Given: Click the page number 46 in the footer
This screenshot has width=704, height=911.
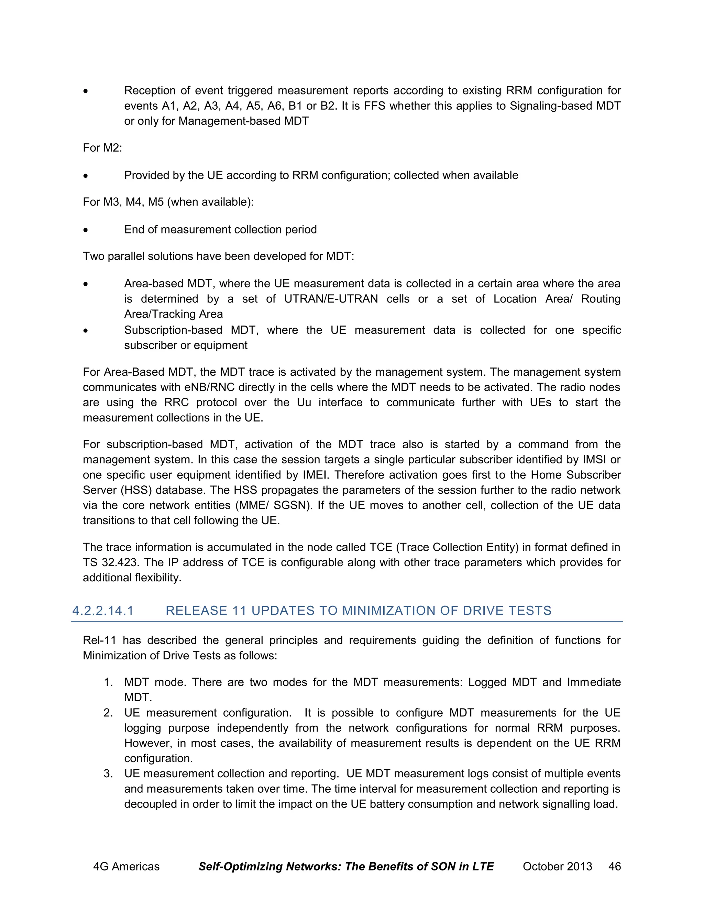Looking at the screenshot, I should [614, 866].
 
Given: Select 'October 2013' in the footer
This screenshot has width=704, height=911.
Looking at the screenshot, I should [557, 866].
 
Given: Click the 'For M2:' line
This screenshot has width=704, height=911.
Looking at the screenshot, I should [102, 148].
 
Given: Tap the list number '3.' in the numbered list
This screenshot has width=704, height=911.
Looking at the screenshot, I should [108, 773].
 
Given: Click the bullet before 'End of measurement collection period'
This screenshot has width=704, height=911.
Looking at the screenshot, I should [86, 230].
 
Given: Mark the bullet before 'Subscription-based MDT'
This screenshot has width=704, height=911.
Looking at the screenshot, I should [86, 331].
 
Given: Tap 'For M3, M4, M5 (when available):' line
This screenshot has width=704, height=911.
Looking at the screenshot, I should [168, 202].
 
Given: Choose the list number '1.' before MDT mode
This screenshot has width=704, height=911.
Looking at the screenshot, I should [108, 682].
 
